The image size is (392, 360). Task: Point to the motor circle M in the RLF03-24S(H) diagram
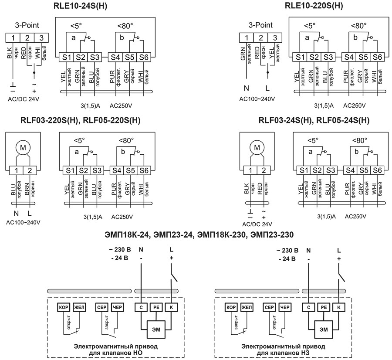257,149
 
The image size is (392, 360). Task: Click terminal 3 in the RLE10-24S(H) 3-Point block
41,37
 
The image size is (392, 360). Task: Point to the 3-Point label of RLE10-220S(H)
260,25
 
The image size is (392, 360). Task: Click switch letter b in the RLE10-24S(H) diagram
122,38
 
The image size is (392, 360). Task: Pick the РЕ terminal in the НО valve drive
155,307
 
